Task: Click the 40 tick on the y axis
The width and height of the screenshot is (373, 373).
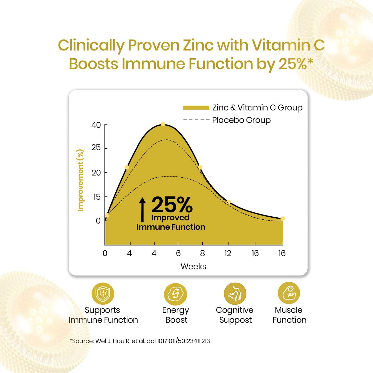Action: (96, 125)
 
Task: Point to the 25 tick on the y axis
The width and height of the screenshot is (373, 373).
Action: (96, 148)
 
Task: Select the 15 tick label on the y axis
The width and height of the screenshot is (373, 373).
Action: (97, 197)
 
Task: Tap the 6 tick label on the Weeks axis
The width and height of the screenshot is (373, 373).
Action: (178, 253)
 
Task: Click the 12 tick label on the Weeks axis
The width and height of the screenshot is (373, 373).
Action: (228, 253)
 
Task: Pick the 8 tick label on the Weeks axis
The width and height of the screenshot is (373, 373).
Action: (202, 253)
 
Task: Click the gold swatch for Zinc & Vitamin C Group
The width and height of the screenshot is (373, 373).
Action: (196, 108)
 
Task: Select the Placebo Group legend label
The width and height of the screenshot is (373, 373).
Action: (241, 120)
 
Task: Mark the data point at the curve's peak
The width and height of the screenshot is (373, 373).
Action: (163, 124)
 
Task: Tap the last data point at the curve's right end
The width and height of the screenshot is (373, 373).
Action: (283, 219)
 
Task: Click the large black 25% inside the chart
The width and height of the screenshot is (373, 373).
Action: (172, 205)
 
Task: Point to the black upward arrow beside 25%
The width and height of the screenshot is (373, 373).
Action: (142, 210)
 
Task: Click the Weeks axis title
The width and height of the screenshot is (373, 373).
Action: (193, 266)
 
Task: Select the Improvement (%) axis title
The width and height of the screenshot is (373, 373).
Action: (81, 180)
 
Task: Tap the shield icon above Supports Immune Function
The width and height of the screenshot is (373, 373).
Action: (103, 294)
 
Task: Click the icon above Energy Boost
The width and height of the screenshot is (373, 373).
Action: (176, 294)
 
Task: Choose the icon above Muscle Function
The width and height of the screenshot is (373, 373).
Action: (289, 293)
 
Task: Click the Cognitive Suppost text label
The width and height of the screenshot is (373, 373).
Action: (235, 315)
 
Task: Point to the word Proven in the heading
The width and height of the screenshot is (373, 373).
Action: (154, 45)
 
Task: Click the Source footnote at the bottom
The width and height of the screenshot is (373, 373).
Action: (140, 341)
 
